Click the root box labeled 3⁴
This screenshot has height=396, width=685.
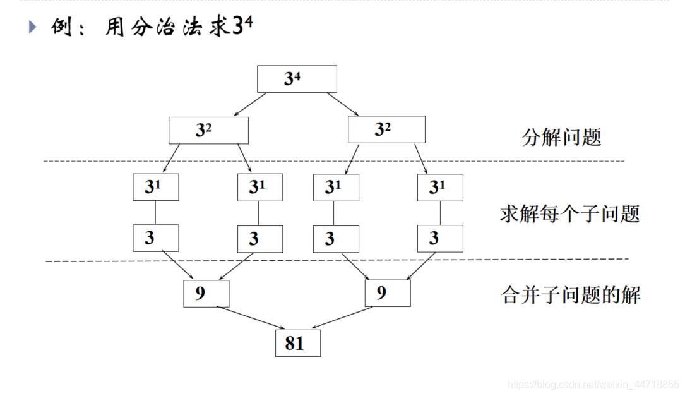pos(297,79)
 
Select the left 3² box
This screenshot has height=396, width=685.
pos(208,130)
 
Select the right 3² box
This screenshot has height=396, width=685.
pos(386,130)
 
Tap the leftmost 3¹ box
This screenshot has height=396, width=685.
pos(155,187)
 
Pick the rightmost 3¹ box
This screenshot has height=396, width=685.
pos(440,187)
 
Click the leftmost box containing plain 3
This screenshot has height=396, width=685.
pos(155,238)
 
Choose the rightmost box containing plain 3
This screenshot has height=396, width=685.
pos(440,238)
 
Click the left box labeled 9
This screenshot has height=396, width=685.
pos(206,294)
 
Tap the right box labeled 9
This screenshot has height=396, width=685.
pos(388,294)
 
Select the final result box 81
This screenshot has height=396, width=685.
pos(298,343)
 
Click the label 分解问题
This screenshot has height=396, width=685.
pos(562,137)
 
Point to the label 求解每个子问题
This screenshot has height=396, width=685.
pos(569,213)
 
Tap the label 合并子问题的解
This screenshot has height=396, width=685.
pos(571,295)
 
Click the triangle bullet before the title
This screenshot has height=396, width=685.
pos(33,27)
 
